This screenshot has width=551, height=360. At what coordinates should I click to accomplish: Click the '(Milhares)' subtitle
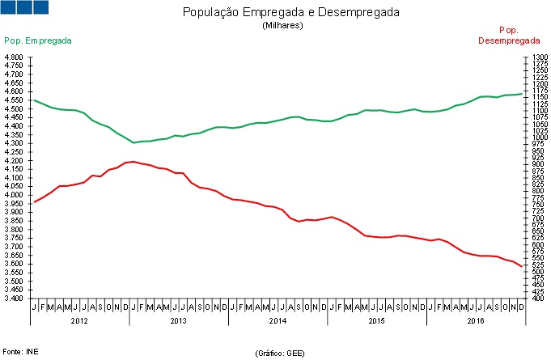click(x=282, y=26)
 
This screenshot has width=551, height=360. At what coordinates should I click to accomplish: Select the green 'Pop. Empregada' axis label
click(x=38, y=40)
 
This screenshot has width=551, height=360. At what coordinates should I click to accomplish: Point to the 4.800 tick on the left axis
click(x=14, y=57)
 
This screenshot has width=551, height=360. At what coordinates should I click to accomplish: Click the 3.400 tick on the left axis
click(x=14, y=299)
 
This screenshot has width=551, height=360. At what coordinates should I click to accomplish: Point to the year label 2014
click(x=278, y=321)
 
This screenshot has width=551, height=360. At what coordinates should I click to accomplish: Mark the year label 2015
click(x=376, y=321)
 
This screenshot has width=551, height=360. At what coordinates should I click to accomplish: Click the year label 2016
click(x=476, y=321)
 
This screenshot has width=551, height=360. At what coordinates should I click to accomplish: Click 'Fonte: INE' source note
click(x=20, y=352)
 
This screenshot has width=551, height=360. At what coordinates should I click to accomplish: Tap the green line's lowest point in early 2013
click(x=134, y=142)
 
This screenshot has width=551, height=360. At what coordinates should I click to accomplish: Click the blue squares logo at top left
click(x=25, y=7)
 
